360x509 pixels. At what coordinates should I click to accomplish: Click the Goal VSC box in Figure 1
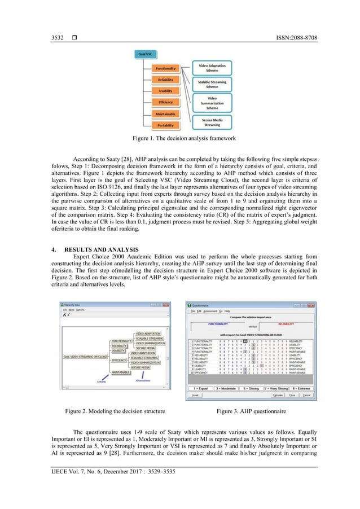click(146, 55)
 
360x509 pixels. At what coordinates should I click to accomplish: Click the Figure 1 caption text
click(180, 138)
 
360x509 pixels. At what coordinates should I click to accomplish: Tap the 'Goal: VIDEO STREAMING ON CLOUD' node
click(86, 357)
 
